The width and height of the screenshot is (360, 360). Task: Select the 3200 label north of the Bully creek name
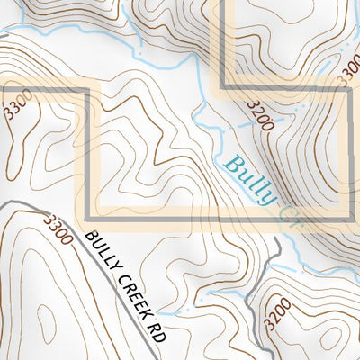[258, 116]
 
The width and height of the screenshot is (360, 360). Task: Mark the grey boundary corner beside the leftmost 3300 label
[87, 89]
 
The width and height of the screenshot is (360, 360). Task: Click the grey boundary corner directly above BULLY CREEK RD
[87, 218]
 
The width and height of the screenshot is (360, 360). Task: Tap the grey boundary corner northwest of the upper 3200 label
[222, 86]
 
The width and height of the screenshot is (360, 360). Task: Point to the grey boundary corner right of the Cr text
[350, 218]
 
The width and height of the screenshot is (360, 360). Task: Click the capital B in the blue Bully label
[231, 164]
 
